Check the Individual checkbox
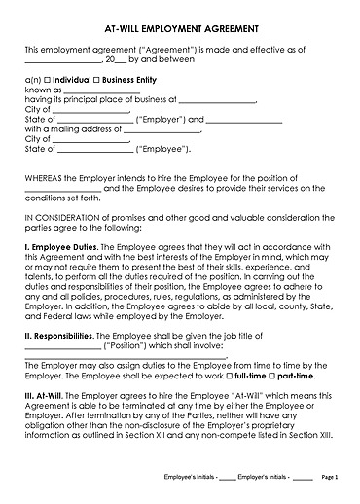pos(47,78)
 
